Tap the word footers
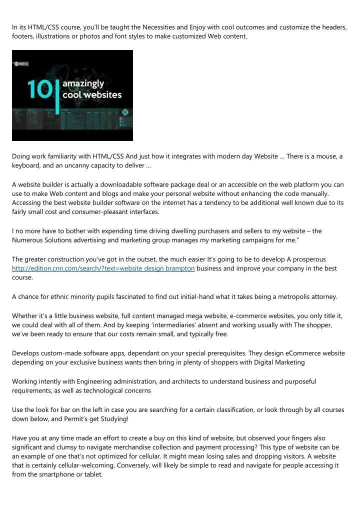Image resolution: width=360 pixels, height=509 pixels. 23,36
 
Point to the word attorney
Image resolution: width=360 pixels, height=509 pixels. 322,296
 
